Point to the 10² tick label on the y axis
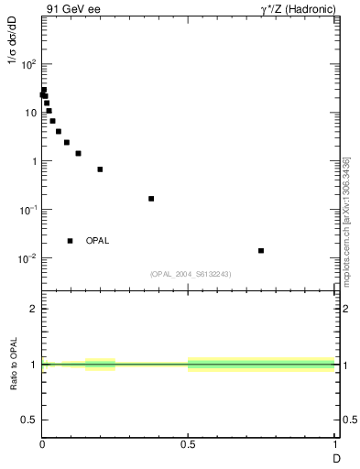point(28,64)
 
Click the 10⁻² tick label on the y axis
point(28,258)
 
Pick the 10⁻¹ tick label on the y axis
point(28,210)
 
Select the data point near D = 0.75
point(261,250)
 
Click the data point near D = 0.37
point(151,199)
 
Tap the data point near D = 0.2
point(100,169)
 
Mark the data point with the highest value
point(44,91)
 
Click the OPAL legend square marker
point(70,241)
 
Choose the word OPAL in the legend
point(97,241)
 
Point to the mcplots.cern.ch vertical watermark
point(346,220)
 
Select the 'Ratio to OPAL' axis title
point(14,364)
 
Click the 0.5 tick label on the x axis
point(188,444)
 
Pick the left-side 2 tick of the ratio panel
point(34,309)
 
